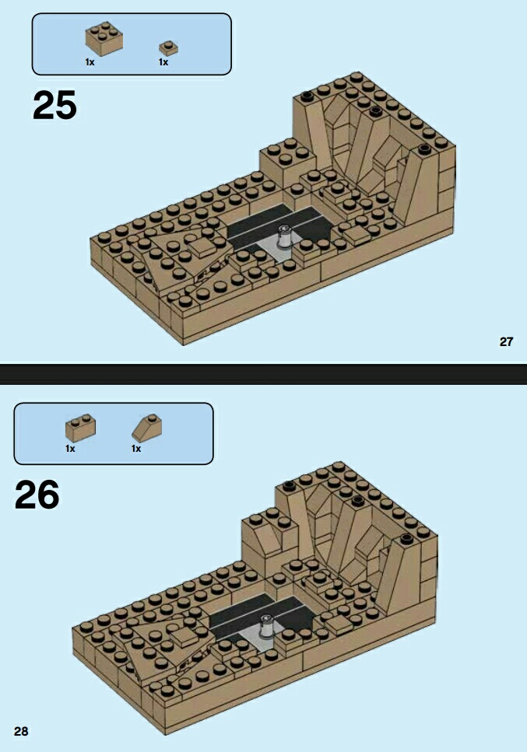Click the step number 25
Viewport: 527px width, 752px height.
click(54, 105)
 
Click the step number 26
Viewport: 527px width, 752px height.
click(37, 495)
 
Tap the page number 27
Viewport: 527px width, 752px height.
click(506, 341)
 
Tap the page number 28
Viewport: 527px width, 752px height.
click(21, 731)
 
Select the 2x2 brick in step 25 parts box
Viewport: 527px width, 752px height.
click(104, 39)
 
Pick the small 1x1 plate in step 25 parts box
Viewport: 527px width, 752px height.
click(168, 47)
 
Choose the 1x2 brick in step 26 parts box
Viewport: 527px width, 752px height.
click(80, 428)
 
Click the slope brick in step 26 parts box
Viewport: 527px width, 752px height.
click(147, 428)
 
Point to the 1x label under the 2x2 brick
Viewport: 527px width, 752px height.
click(90, 62)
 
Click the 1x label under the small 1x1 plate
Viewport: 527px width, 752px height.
click(163, 62)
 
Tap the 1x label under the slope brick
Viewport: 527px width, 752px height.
click(136, 449)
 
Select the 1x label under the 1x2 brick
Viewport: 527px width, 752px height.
click(70, 449)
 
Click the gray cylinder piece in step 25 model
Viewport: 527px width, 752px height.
click(284, 237)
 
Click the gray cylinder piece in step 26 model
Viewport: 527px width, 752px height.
click(266, 628)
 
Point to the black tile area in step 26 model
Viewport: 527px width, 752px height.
click(262, 616)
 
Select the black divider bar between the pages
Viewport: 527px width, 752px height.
click(263, 374)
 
